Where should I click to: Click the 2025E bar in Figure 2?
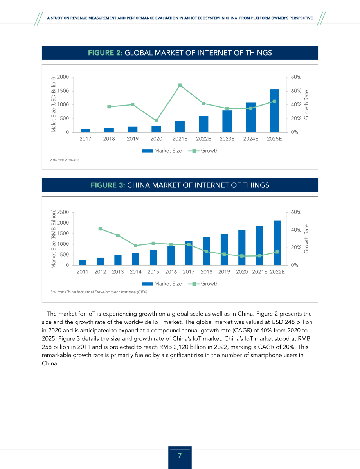274,111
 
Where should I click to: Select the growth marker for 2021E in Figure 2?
180,85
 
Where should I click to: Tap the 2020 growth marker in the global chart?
156,121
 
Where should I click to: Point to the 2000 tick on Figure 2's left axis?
63,77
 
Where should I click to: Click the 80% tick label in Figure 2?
296,77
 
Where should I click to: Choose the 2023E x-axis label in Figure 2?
227,139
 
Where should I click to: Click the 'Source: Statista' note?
64,160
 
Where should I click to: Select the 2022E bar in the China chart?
277,243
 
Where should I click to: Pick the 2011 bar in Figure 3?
83,262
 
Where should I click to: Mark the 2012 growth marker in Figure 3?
100,229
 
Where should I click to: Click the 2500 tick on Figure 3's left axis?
63,212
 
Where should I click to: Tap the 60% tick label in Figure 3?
296,212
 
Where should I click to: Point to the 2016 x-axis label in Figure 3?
171,272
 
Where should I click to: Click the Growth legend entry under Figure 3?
203,284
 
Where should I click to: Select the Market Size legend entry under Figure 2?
162,151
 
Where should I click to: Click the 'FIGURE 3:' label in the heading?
108,185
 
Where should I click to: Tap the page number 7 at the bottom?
180,455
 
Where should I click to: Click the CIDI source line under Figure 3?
99,292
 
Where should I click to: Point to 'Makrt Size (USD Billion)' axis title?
54,105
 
